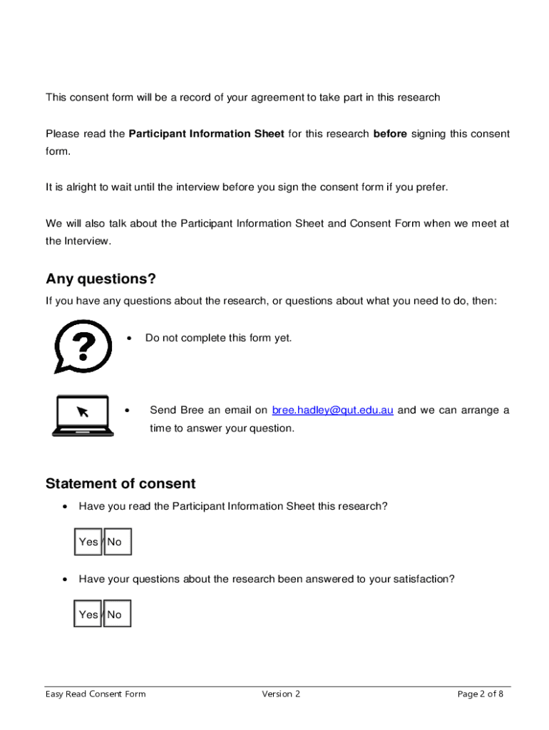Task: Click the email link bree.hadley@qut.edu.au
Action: pyautogui.click(x=332, y=411)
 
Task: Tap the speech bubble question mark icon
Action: pyautogui.click(x=83, y=346)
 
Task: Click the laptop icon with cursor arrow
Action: pyautogui.click(x=81, y=416)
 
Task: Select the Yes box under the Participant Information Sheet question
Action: pyautogui.click(x=88, y=542)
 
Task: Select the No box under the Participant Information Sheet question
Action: pyautogui.click(x=117, y=542)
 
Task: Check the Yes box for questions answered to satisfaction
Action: pyautogui.click(x=88, y=615)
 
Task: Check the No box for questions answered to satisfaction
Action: pyautogui.click(x=117, y=615)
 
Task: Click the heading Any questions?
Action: pyautogui.click(x=101, y=278)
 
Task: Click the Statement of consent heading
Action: pyautogui.click(x=120, y=483)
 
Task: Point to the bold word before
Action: pyautogui.click(x=390, y=134)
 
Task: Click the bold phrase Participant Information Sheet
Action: pyautogui.click(x=206, y=134)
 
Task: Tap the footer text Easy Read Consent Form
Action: pyautogui.click(x=96, y=694)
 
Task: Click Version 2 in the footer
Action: pyautogui.click(x=281, y=694)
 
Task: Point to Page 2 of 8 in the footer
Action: pyautogui.click(x=480, y=694)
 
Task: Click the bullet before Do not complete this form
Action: pyautogui.click(x=129, y=339)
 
